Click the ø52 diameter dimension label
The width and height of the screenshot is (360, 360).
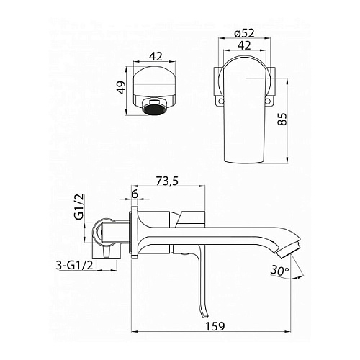click(245, 33)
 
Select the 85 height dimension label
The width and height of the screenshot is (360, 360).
click(282, 119)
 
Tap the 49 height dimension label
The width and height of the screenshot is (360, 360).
click(122, 87)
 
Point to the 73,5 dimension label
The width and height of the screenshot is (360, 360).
click(167, 181)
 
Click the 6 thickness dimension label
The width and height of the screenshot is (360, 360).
click(135, 194)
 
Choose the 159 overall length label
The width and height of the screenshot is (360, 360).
click(215, 326)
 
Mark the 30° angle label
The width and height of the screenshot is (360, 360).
click(279, 270)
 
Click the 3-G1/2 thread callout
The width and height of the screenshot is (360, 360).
click(74, 266)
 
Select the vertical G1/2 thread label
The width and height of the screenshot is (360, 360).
click(79, 207)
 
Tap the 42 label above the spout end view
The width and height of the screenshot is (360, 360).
click(156, 56)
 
